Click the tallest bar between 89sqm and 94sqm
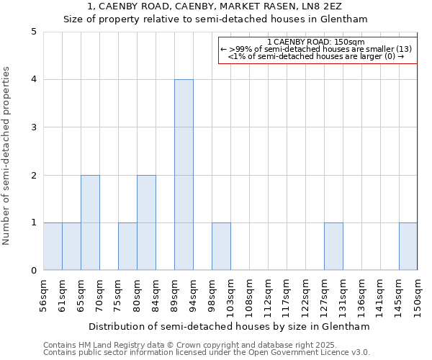[184, 175]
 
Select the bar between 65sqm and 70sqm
[90, 222]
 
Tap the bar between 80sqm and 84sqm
[146, 222]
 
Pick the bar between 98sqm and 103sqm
[221, 246]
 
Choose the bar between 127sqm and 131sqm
[333, 246]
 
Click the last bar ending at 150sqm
[408, 246]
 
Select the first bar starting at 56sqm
[53, 246]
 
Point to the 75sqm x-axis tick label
[118, 294]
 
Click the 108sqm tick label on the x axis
[249, 294]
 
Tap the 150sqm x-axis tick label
[418, 294]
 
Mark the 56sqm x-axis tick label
[43, 294]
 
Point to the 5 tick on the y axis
[34, 32]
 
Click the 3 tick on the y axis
[34, 127]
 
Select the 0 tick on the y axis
[34, 271]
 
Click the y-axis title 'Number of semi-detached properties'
[8, 156]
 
